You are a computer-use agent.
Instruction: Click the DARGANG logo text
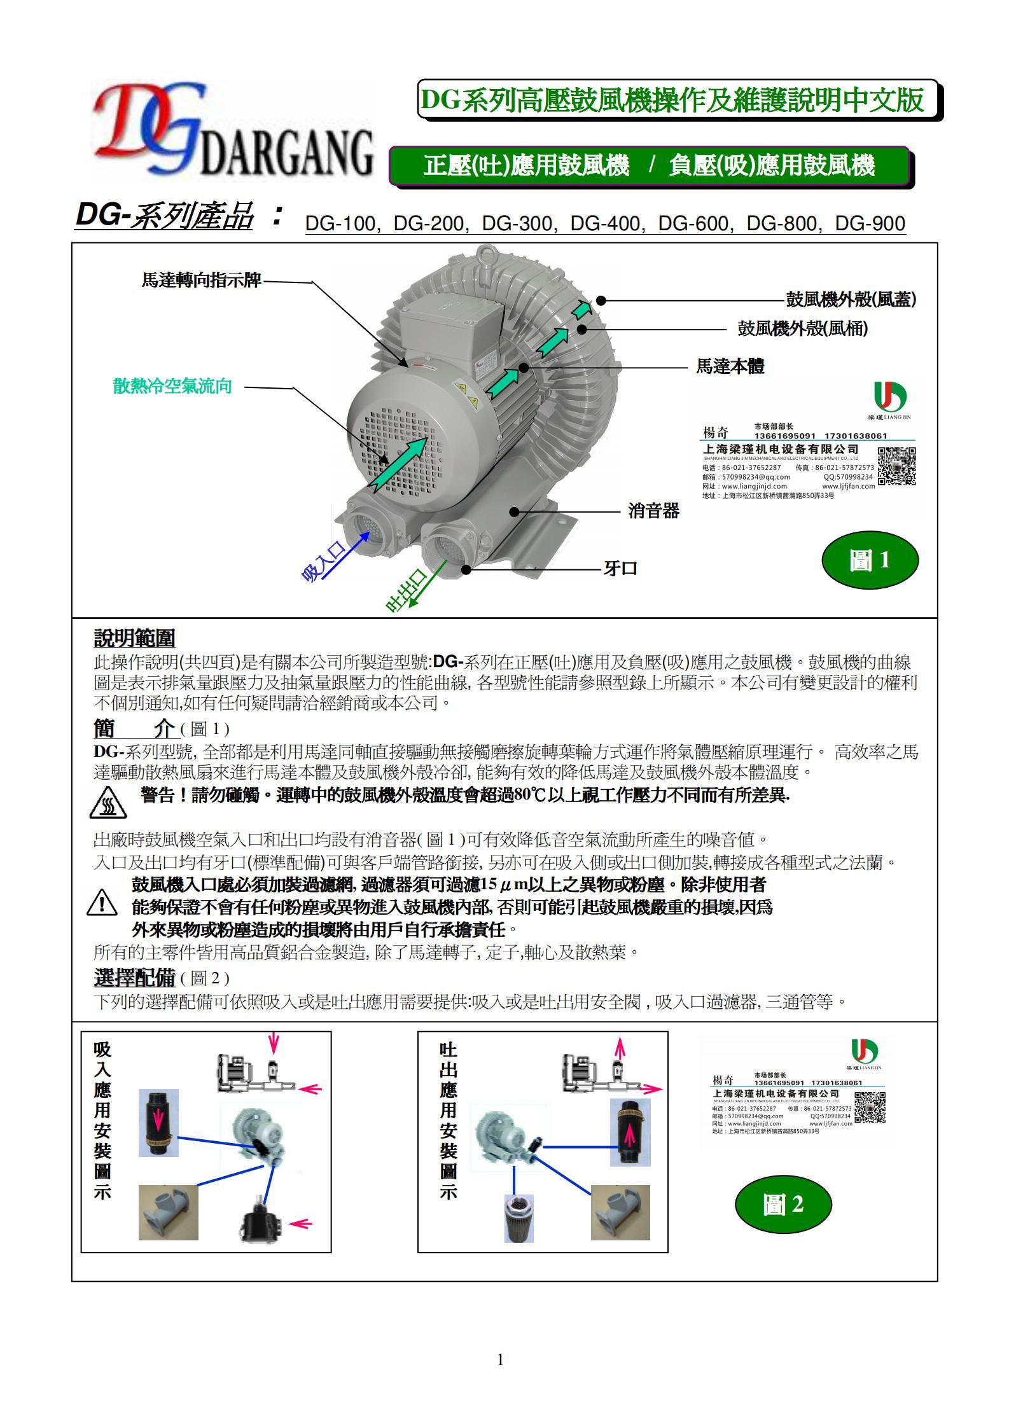tap(286, 154)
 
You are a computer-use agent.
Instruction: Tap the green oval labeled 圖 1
tap(870, 560)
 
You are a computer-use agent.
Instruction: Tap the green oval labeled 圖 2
tap(783, 1204)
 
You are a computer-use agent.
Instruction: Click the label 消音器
tap(653, 511)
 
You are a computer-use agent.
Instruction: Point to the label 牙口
tap(620, 569)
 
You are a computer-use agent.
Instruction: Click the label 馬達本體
tap(730, 366)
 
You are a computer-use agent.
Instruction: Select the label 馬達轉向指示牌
tap(201, 281)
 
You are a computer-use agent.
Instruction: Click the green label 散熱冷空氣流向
tap(172, 386)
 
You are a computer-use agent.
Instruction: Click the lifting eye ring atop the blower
tap(488, 254)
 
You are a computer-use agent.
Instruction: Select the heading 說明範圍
tap(134, 638)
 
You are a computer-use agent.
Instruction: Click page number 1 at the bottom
tap(500, 1360)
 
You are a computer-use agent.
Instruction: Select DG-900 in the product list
tap(870, 223)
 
